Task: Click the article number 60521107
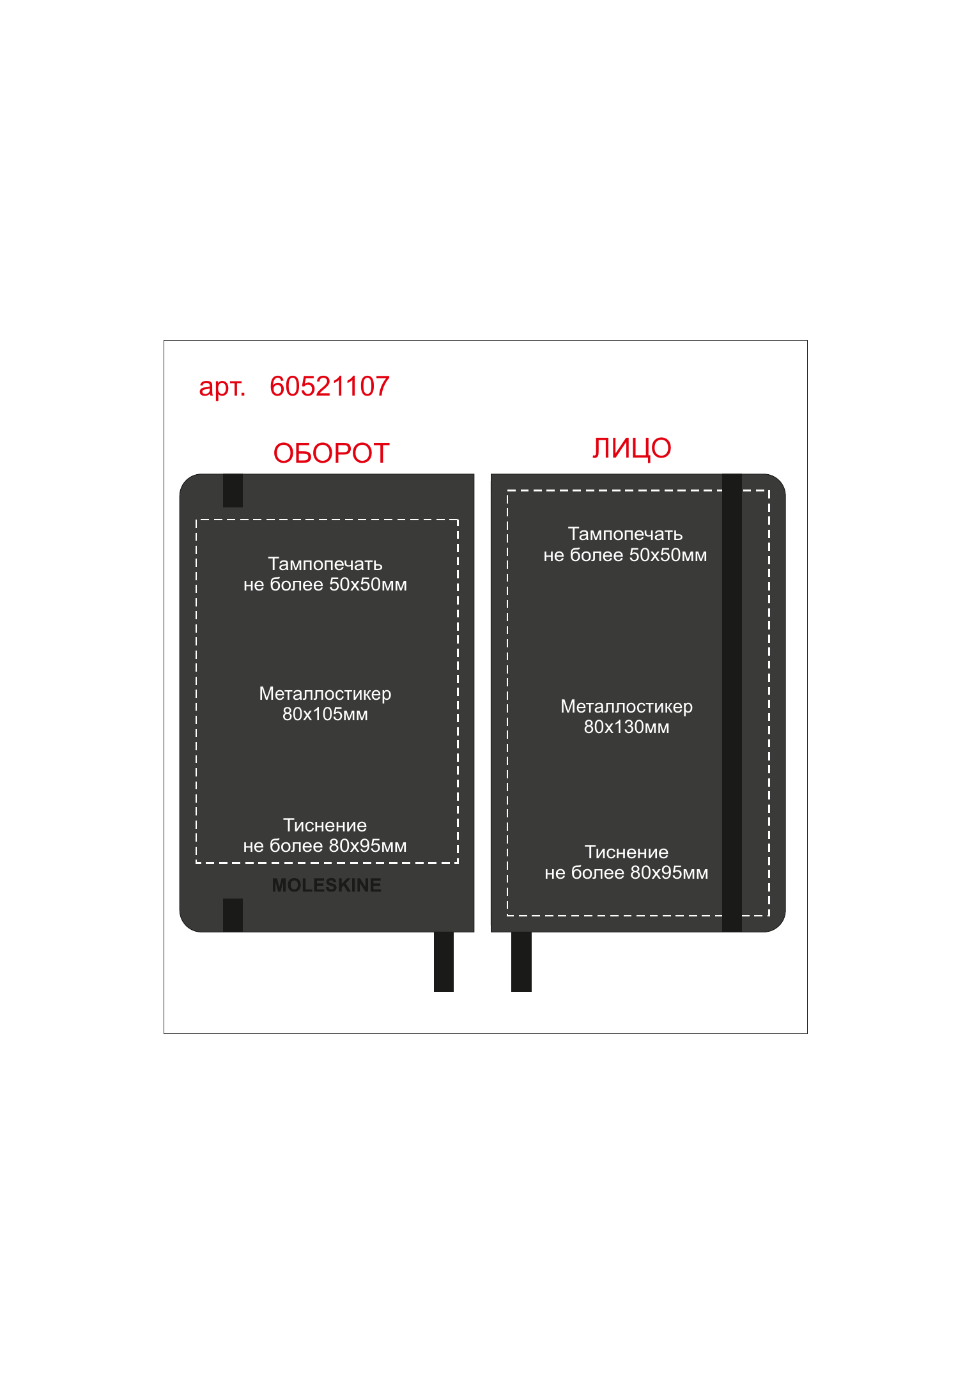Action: pyautogui.click(x=329, y=387)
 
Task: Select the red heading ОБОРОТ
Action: pyautogui.click(x=331, y=453)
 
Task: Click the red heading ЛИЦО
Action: pyautogui.click(x=631, y=449)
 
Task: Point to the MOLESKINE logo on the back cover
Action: pyautogui.click(x=327, y=885)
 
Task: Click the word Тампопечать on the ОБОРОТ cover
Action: pyautogui.click(x=325, y=564)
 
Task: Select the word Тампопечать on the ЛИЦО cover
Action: pyautogui.click(x=626, y=534)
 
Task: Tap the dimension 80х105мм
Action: pyautogui.click(x=325, y=714)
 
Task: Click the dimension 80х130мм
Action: pyautogui.click(x=626, y=727)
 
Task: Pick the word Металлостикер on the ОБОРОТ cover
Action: pyautogui.click(x=325, y=694)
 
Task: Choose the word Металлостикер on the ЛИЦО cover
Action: pyautogui.click(x=626, y=707)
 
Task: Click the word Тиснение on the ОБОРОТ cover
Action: pyautogui.click(x=325, y=825)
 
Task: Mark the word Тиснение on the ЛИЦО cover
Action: pyautogui.click(x=626, y=852)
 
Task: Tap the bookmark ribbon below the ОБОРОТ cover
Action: pyautogui.click(x=444, y=962)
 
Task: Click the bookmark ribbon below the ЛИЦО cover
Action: pyautogui.click(x=521, y=962)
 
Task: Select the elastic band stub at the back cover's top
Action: pyautogui.click(x=233, y=490)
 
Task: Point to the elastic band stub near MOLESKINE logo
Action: pyautogui.click(x=233, y=915)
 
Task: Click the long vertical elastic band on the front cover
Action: pyautogui.click(x=732, y=703)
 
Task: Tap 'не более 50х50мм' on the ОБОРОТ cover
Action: pyautogui.click(x=325, y=585)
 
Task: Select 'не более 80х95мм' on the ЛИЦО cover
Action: pyautogui.click(x=626, y=873)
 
